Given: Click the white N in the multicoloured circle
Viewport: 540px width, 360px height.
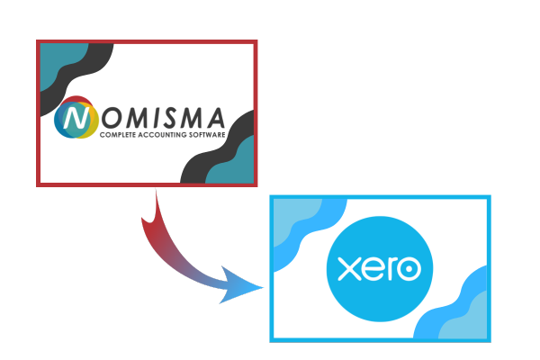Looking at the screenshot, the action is (76, 118).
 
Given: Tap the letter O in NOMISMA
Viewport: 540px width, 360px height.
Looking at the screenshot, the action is (112, 118).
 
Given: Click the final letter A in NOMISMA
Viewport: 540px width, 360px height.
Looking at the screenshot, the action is (216, 118).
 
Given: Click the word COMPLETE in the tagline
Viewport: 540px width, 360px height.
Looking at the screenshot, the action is (117, 135).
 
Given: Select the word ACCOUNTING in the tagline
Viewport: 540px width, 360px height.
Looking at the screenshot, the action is (158, 135).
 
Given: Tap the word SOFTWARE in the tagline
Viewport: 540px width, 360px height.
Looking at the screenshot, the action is (202, 135).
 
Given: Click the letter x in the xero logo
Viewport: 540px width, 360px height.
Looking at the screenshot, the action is (348, 269).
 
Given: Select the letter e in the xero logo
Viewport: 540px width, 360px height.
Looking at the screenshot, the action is (373, 269).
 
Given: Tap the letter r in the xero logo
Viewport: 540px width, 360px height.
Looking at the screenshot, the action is (391, 269).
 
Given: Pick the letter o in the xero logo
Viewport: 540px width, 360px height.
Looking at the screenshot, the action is (409, 269).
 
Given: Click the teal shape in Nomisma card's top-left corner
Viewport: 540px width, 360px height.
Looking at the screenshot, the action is (59, 62).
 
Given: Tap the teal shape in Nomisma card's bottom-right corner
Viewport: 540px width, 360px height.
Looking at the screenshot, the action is (233, 163).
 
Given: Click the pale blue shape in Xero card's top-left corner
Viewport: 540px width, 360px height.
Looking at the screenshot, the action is (292, 218).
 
